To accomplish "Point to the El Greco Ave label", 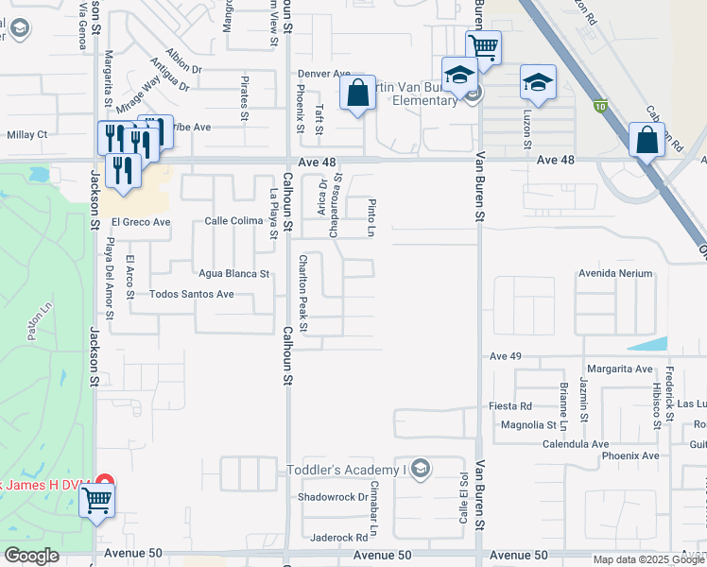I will (x=140, y=223).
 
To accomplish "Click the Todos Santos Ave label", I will (x=192, y=294).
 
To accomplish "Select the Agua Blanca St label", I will (x=233, y=274).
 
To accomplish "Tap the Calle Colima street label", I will (x=233, y=221).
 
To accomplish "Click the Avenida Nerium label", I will (x=615, y=273).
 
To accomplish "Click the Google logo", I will (x=31, y=556).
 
